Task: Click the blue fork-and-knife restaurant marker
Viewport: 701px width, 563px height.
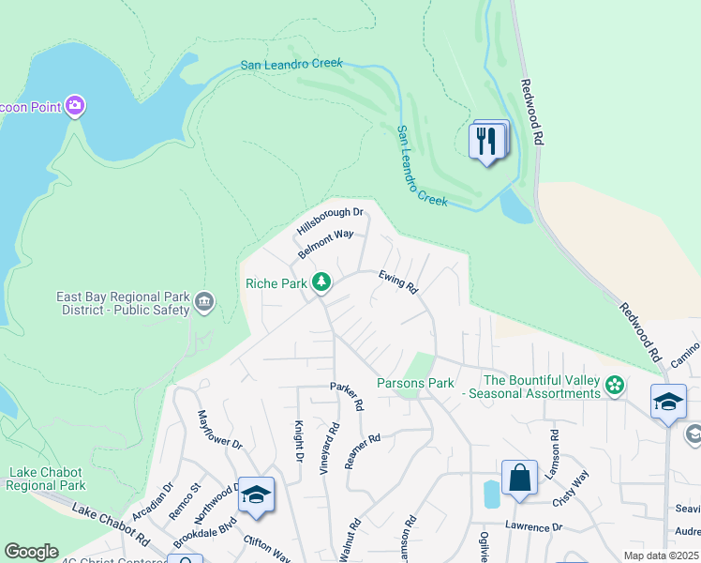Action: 486,142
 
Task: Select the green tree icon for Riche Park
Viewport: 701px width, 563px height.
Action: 321,281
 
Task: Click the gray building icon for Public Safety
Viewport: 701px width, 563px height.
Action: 203,302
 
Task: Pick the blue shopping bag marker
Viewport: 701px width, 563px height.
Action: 518,478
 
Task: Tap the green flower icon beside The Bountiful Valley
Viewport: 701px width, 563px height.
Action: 615,385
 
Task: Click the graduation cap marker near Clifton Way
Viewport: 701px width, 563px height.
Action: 255,494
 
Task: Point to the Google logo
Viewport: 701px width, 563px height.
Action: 32,552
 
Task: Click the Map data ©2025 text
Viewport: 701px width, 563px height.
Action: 661,555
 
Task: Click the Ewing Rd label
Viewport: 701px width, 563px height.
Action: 397,281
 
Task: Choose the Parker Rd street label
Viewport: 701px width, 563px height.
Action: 346,397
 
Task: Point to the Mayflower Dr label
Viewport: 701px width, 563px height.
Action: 219,430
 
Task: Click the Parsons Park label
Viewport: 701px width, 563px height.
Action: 415,383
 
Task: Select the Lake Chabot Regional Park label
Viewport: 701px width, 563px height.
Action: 47,479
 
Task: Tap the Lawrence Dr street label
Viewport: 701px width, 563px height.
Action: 533,526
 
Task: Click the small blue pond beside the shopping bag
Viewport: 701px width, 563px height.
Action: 492,494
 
